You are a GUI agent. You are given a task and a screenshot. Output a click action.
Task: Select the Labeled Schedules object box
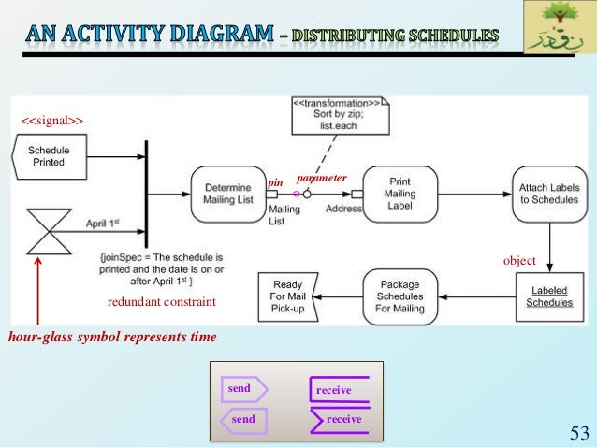pyautogui.click(x=548, y=296)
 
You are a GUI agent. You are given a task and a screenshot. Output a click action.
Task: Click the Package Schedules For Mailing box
pyautogui.click(x=399, y=296)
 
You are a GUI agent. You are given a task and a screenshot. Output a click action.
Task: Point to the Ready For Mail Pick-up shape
pyautogui.click(x=288, y=296)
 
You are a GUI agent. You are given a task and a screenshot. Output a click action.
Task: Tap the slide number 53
pyautogui.click(x=576, y=431)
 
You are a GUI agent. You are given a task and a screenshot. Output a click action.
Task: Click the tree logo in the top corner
pyautogui.click(x=558, y=28)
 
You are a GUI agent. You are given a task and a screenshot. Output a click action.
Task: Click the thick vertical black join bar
pyautogui.click(x=147, y=195)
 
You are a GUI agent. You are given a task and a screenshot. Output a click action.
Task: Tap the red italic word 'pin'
pyautogui.click(x=275, y=182)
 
